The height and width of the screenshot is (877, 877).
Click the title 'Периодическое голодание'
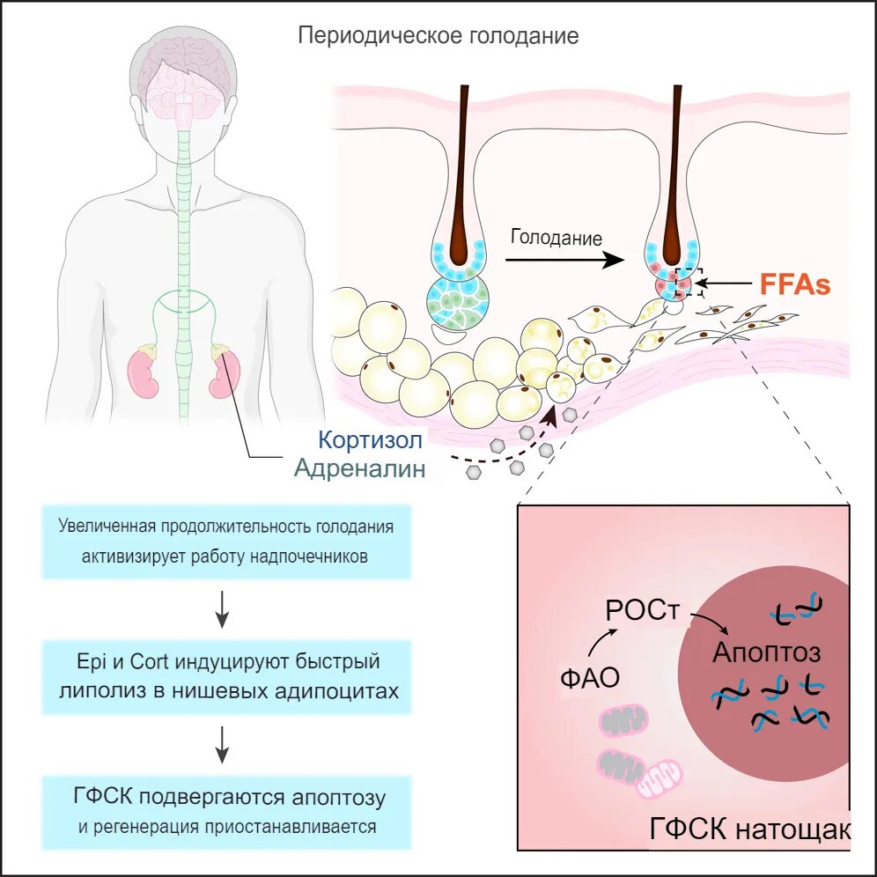point(438,36)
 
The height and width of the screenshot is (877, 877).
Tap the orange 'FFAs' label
point(795,285)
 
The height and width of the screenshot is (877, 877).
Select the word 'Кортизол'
point(372,439)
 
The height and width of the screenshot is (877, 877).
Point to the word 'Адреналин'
point(359,468)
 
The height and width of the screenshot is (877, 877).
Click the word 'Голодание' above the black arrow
point(556,238)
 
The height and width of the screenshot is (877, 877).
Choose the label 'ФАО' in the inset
point(589,677)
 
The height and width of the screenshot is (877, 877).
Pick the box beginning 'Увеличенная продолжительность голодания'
point(226,542)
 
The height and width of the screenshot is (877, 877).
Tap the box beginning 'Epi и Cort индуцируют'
point(226,675)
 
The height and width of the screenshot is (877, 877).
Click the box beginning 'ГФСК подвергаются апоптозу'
point(226,811)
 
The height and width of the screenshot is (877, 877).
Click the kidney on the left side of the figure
point(144,372)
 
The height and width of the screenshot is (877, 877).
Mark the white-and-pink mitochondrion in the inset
point(660,776)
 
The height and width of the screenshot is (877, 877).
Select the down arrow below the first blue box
point(223,608)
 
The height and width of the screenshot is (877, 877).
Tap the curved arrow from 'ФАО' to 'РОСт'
point(601,643)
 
